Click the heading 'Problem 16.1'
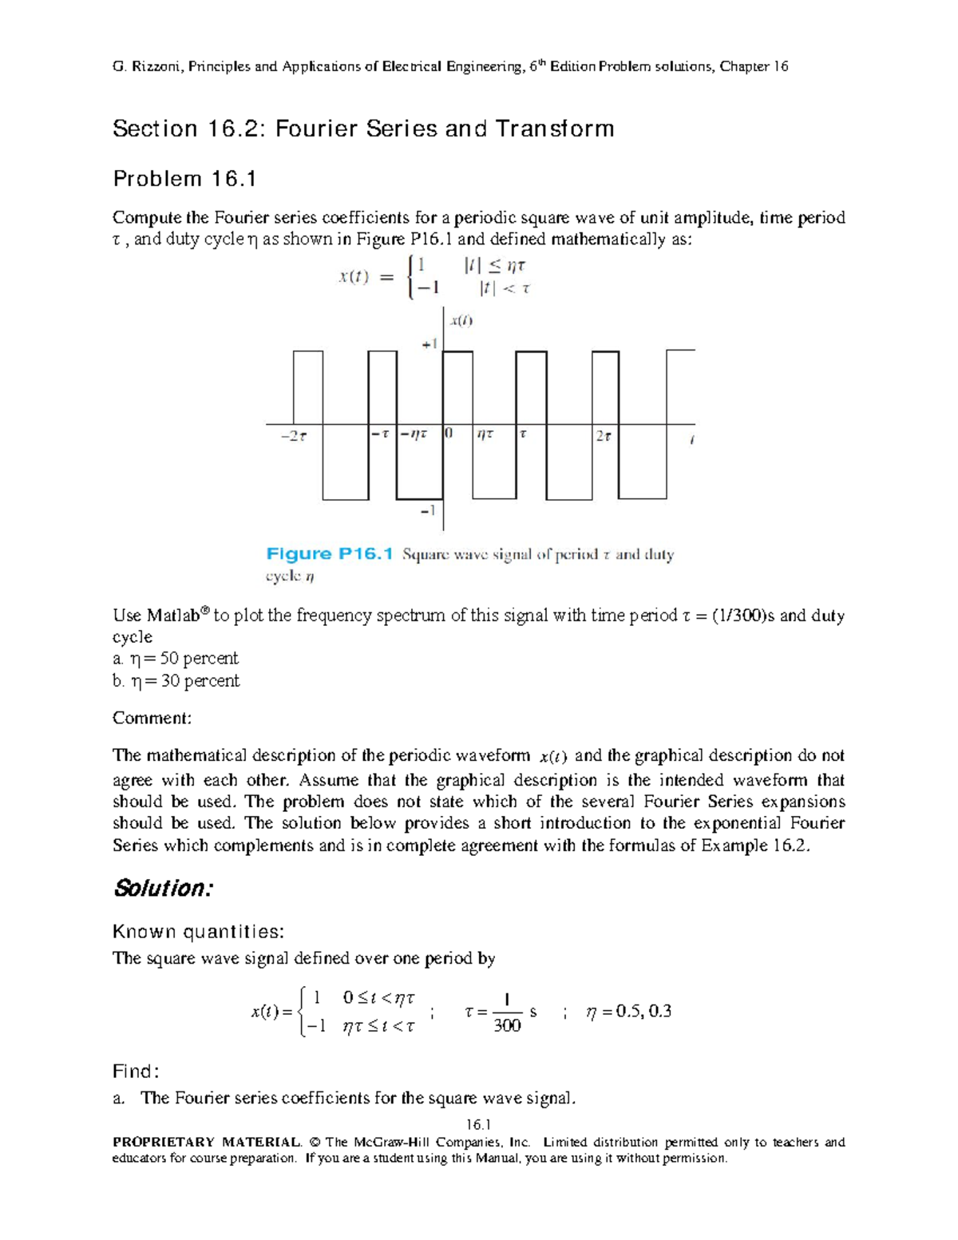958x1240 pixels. [184, 179]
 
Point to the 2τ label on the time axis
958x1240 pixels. [604, 436]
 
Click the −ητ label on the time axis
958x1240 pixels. [414, 434]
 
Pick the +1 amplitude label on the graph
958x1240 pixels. [430, 344]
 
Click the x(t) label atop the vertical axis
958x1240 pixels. [461, 321]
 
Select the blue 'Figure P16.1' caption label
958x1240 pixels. [330, 554]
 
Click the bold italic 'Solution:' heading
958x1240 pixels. [163, 888]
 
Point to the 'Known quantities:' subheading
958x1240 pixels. [198, 932]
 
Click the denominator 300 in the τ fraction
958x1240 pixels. [507, 1026]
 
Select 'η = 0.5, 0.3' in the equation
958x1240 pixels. [628, 1012]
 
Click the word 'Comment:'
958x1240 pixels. [152, 718]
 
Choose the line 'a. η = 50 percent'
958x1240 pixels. [176, 659]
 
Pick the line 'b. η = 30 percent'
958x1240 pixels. [176, 681]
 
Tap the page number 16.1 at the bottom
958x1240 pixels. [478, 1124]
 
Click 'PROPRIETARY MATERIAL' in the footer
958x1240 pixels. [207, 1143]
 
